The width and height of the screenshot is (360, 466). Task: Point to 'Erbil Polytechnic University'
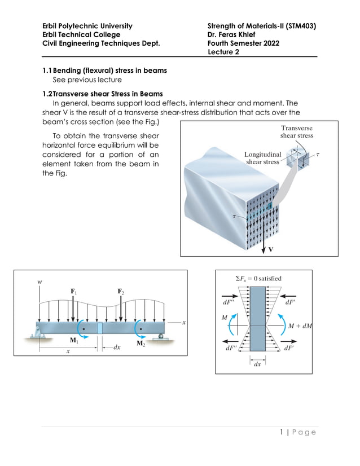pyautogui.click(x=87, y=26)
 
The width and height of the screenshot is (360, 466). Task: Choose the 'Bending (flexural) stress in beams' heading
pyautogui.click(x=109, y=71)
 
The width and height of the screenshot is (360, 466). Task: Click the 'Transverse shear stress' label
pyautogui.click(x=297, y=132)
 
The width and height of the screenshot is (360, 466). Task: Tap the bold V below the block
pyautogui.click(x=271, y=249)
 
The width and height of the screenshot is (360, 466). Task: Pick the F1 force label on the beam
pyautogui.click(x=73, y=291)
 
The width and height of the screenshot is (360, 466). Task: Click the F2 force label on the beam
pyautogui.click(x=121, y=291)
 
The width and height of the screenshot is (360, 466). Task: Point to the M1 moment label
pyautogui.click(x=74, y=340)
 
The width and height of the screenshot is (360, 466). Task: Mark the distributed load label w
pyautogui.click(x=39, y=281)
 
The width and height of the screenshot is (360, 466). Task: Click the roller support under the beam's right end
pyautogui.click(x=163, y=337)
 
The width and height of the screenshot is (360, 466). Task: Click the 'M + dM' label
pyautogui.click(x=300, y=326)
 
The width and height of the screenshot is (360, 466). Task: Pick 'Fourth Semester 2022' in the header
pyautogui.click(x=243, y=43)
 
